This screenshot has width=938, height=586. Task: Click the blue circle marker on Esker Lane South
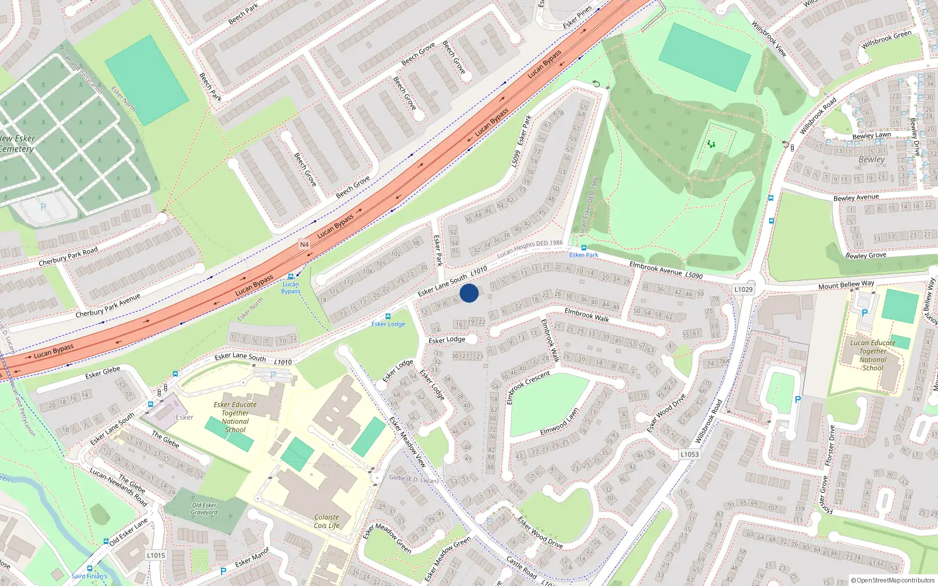click(x=469, y=293)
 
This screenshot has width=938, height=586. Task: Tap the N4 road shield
click(x=304, y=244)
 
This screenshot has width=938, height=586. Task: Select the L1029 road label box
click(x=743, y=289)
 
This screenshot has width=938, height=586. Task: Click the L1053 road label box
click(x=689, y=454)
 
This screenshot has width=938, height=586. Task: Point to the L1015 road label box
click(x=156, y=555)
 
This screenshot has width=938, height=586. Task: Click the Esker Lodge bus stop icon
click(x=388, y=316)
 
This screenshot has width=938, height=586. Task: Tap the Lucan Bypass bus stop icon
click(x=290, y=277)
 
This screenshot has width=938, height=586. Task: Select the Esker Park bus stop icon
click(x=583, y=248)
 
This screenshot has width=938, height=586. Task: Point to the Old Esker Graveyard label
click(x=204, y=509)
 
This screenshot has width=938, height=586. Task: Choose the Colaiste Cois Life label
click(x=327, y=522)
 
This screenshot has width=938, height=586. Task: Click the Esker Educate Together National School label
click(x=235, y=417)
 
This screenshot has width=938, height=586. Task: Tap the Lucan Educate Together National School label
click(x=873, y=355)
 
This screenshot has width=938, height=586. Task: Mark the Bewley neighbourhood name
click(x=872, y=159)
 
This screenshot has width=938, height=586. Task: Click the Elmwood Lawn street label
click(x=559, y=422)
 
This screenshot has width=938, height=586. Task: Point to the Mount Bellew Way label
click(x=846, y=285)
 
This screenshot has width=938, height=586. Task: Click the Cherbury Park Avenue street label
click(x=108, y=305)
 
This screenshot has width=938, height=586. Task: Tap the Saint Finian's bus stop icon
click(x=90, y=568)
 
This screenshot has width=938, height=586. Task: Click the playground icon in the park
click(x=711, y=144)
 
